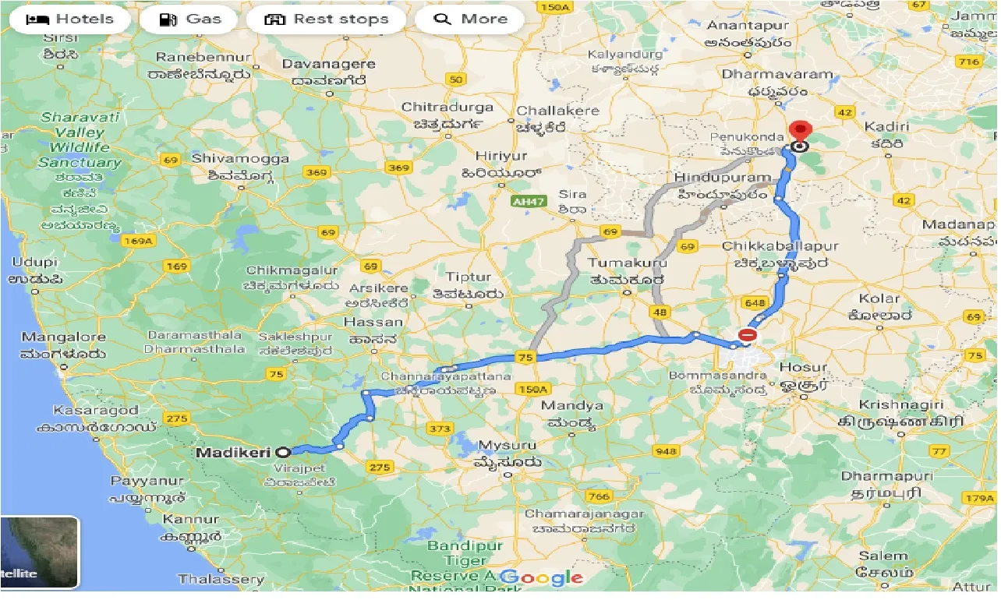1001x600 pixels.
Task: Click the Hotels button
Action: (x=69, y=19)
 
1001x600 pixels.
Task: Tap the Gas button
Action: (x=189, y=19)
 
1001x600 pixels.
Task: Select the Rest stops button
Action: (x=326, y=19)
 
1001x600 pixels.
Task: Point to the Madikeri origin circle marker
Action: (x=284, y=451)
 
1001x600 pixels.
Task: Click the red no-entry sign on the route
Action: (x=747, y=336)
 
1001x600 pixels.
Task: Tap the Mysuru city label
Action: (x=507, y=446)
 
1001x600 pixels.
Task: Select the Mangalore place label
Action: (x=63, y=337)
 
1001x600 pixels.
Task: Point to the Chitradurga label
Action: (x=447, y=107)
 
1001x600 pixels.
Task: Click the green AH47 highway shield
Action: (x=528, y=202)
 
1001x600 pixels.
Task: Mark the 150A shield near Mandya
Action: (x=533, y=389)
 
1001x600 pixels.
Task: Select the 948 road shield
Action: (x=667, y=451)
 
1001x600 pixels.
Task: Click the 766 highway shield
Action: (x=600, y=496)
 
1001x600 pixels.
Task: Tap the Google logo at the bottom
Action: (x=543, y=578)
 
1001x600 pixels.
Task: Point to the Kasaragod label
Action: (x=96, y=410)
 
